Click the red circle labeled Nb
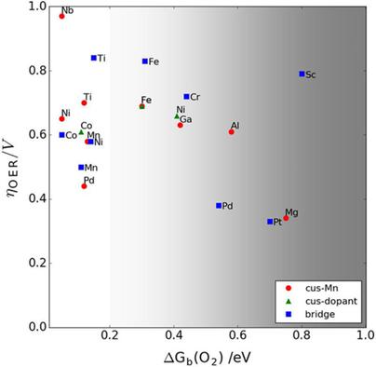pos(62,16)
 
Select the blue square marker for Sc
pos(302,74)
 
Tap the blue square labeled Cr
pos(186,96)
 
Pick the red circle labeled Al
pos(232,131)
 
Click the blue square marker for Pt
pos(270,222)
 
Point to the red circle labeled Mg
pos(286,218)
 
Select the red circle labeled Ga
pos(181,125)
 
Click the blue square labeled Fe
pos(145,61)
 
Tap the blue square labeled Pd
pos(219,205)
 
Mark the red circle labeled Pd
pos(84,186)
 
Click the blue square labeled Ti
pos(94,58)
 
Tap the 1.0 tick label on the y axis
pos(35,7)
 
